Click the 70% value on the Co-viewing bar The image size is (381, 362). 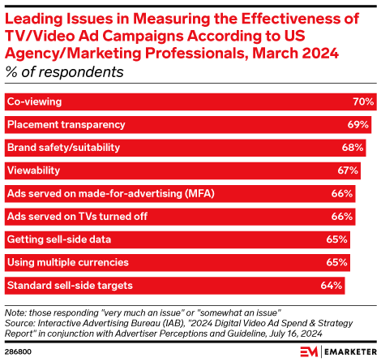[x=362, y=102]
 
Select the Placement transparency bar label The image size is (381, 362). [x=66, y=125]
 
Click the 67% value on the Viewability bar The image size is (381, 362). [x=348, y=170]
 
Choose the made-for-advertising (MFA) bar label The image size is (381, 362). [x=98, y=194]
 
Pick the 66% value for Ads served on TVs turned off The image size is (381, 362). [x=342, y=217]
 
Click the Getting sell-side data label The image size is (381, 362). [x=58, y=239]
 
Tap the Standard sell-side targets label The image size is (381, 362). [x=69, y=286]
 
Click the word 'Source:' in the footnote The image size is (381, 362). [x=20, y=321]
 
